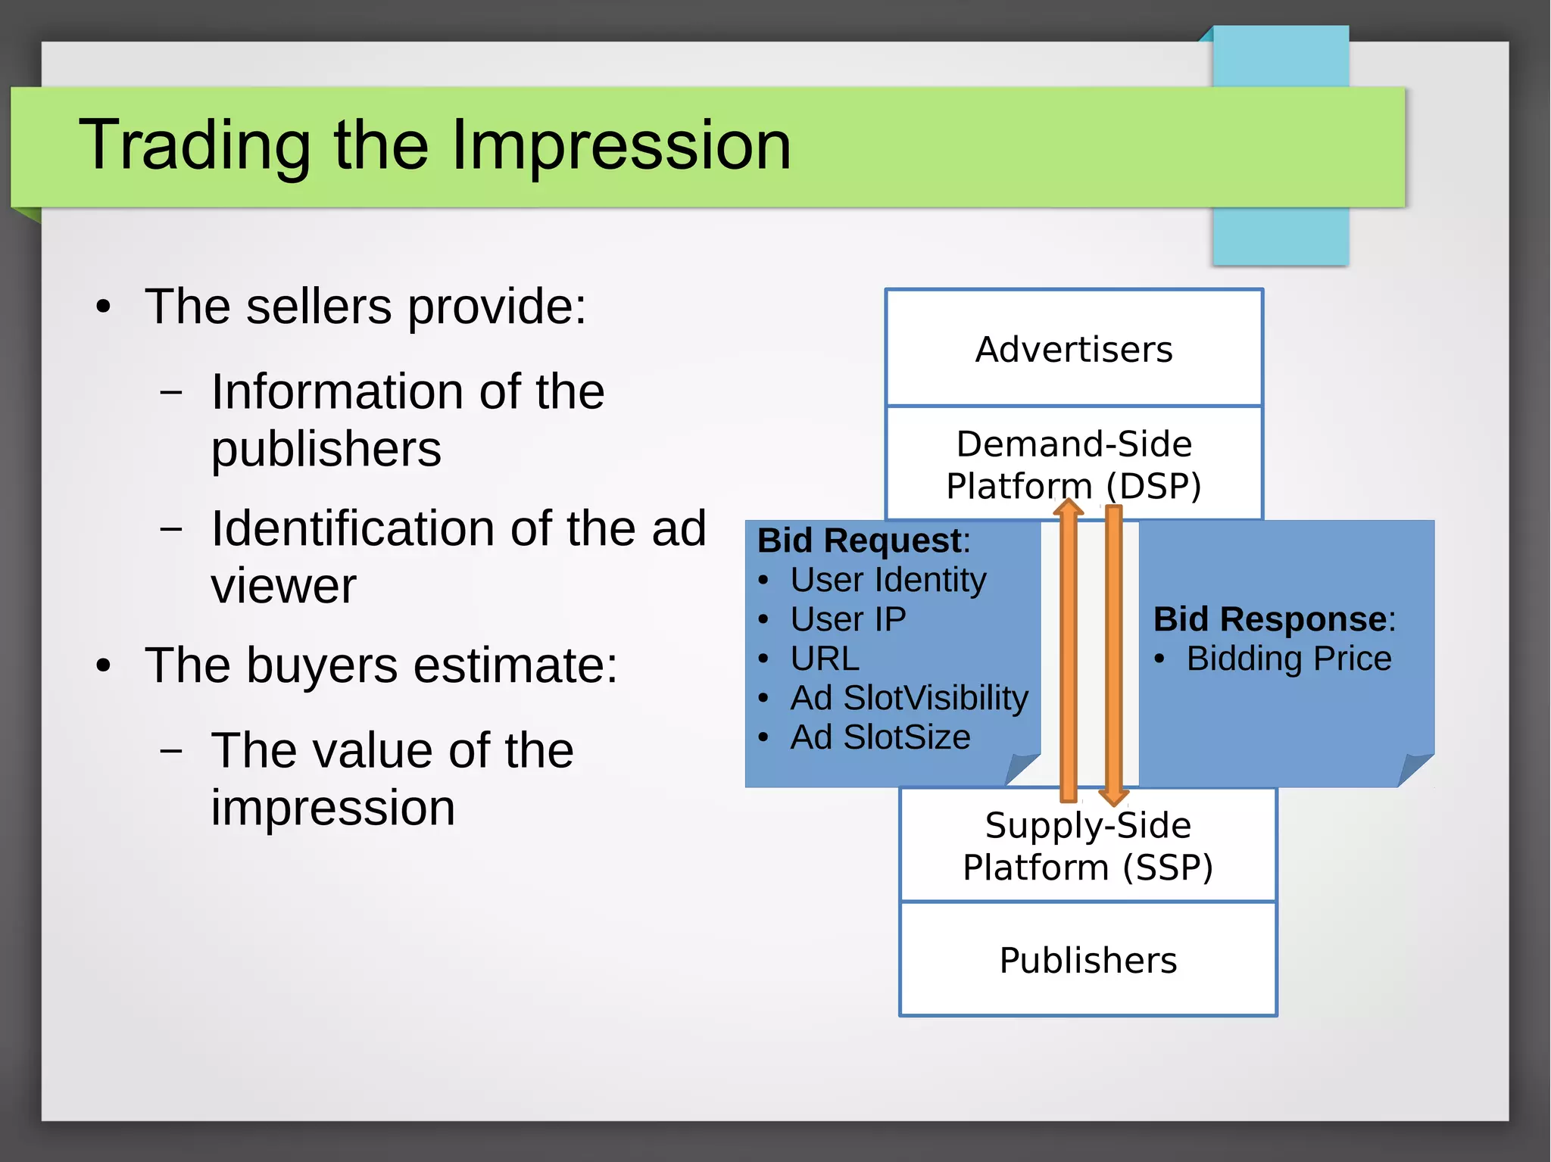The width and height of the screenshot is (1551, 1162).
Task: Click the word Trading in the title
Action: [194, 145]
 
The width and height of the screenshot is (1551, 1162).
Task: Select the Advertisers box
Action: [1074, 349]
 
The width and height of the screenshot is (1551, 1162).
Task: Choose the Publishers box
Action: [1088, 960]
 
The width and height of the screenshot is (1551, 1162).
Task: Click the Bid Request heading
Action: [859, 541]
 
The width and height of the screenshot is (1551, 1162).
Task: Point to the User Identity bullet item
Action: [888, 580]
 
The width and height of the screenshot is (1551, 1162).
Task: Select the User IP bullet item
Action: [848, 619]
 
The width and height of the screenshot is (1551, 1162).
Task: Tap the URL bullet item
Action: [825, 659]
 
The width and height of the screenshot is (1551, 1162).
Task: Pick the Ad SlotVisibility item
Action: [909, 698]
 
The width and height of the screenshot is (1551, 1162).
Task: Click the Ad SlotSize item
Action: [880, 737]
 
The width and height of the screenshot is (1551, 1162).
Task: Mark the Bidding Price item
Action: [1288, 659]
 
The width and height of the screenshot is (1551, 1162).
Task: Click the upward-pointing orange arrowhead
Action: [1069, 507]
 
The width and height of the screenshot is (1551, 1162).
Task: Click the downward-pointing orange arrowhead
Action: [1113, 796]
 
